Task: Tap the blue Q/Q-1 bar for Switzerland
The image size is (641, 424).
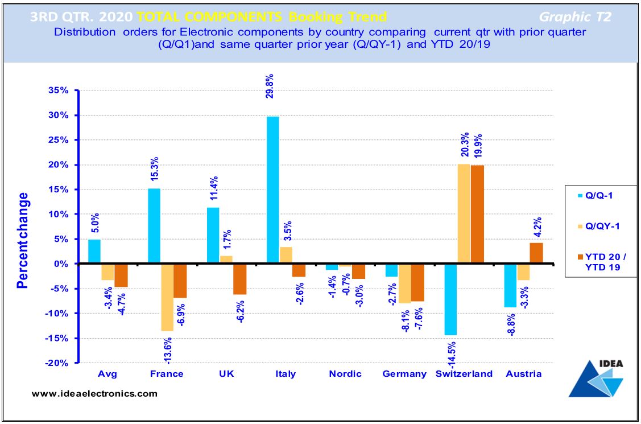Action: pos(451,299)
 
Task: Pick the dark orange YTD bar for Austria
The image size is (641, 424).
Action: pos(536,253)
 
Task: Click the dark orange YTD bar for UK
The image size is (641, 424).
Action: pos(239,279)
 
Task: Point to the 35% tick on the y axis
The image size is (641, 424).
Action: pos(61,90)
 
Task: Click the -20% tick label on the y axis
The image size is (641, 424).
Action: pos(60,363)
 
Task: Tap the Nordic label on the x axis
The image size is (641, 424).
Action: pos(345,374)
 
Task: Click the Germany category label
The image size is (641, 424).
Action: pos(404,374)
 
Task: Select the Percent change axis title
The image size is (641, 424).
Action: pos(22,240)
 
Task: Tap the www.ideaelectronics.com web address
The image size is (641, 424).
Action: pos(94,393)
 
